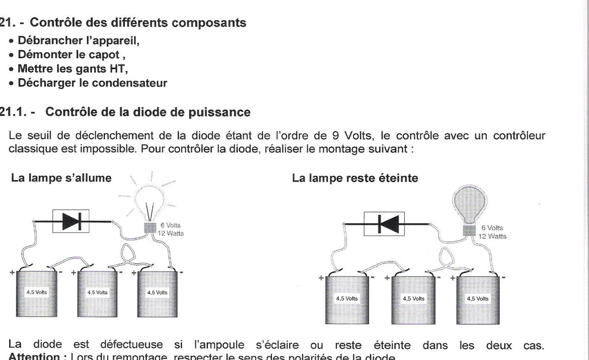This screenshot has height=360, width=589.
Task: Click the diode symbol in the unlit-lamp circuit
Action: pos(384,224)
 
